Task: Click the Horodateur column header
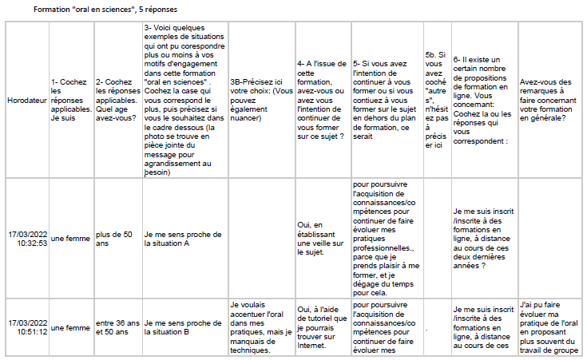tap(26, 102)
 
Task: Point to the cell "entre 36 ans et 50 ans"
tap(117, 327)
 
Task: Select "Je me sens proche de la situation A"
tap(183, 239)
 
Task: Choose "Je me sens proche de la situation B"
tap(183, 327)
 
